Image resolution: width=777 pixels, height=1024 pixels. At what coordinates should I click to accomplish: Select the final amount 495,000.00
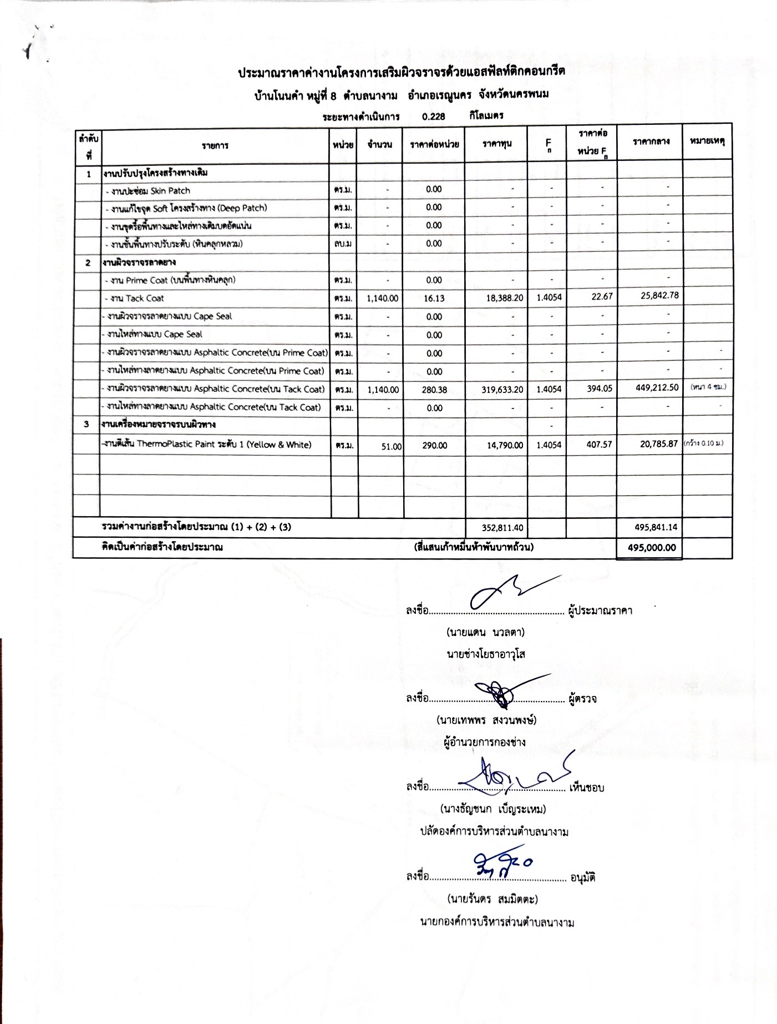coord(652,547)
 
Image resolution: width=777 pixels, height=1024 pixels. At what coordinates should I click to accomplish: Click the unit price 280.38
coord(434,390)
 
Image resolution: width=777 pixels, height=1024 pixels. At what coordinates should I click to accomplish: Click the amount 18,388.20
coord(502,298)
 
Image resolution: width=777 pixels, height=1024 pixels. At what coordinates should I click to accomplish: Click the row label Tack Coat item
coord(136,299)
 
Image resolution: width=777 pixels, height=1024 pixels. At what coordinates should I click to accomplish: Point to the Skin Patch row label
coord(150,190)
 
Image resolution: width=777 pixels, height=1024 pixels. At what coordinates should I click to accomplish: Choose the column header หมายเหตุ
coord(708,142)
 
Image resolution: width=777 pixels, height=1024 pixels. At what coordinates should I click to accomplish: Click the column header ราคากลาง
coord(651,142)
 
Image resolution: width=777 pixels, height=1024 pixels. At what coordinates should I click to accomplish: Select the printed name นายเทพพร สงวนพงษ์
coord(486,720)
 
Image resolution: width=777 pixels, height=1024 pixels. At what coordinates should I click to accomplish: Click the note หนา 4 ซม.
coord(708,387)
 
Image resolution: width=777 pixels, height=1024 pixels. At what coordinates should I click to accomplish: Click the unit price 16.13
coord(434,298)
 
